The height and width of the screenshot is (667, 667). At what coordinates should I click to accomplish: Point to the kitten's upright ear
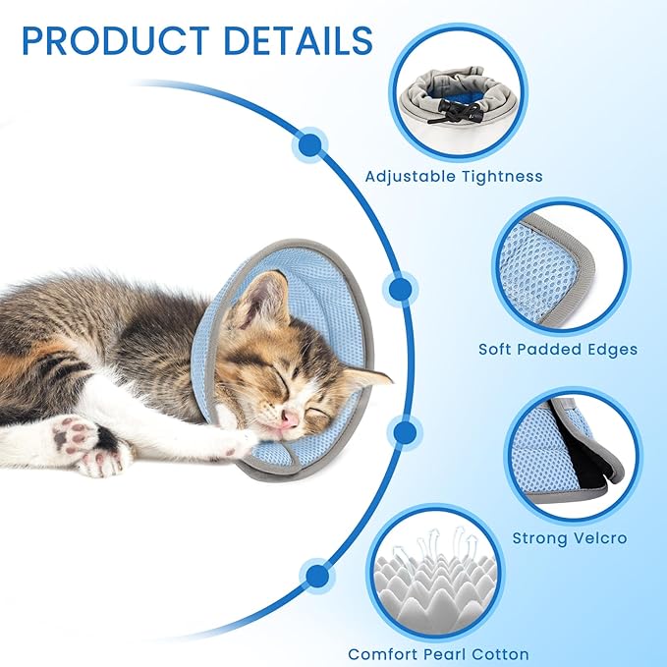(x=256, y=300)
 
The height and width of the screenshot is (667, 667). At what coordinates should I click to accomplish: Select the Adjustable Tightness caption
(x=454, y=177)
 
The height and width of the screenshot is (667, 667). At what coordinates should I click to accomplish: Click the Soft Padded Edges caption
(x=558, y=349)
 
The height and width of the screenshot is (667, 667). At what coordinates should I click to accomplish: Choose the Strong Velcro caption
(x=569, y=538)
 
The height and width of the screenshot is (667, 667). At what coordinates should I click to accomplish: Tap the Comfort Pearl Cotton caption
(x=438, y=654)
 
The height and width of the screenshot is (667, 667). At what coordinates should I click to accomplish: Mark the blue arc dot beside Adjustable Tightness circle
(x=310, y=145)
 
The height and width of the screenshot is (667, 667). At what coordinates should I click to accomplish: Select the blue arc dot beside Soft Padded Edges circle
(x=401, y=289)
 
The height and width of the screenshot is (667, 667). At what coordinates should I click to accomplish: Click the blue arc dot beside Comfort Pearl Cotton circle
(x=314, y=575)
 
